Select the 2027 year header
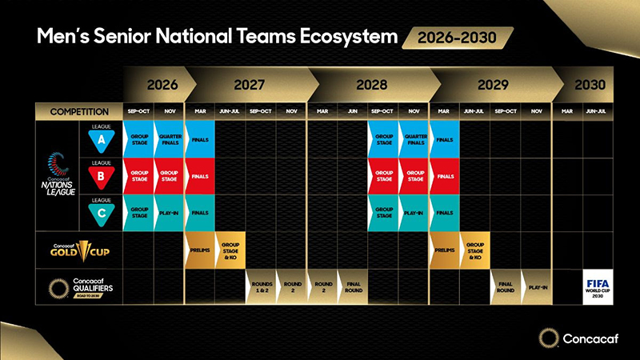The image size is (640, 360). [250, 84]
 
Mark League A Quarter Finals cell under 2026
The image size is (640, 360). [169, 139]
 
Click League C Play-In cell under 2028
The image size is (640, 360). [414, 213]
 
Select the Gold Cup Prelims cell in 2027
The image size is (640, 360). [200, 249]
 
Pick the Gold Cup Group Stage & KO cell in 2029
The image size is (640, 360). [474, 249]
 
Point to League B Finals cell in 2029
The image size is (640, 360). [445, 176]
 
